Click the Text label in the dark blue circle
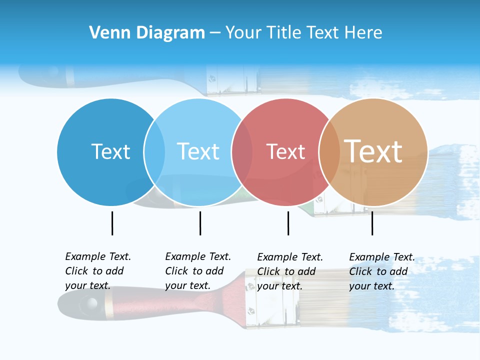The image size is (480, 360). (x=110, y=151)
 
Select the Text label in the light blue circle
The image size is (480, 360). (x=198, y=151)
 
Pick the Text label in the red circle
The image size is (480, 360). (x=285, y=152)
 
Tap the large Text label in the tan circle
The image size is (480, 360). (x=373, y=151)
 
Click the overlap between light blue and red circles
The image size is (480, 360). (x=242, y=152)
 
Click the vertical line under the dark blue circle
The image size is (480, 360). (x=112, y=223)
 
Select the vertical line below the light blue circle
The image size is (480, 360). (x=200, y=223)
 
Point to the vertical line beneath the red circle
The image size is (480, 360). (x=288, y=223)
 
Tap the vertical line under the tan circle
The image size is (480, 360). (x=372, y=223)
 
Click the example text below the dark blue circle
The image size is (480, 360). (x=97, y=271)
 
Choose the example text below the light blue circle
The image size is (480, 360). (x=197, y=271)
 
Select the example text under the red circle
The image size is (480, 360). (x=289, y=271)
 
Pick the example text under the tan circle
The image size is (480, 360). (x=381, y=271)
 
